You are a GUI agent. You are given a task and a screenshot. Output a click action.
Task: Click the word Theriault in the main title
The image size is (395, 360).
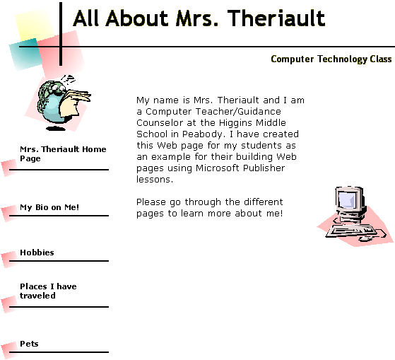276,18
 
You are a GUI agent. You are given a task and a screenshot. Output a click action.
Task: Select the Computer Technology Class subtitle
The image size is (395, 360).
331,59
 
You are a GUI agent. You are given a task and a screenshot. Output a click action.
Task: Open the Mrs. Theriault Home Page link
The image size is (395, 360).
63,153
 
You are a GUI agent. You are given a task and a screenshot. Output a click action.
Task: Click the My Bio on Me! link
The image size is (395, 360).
49,207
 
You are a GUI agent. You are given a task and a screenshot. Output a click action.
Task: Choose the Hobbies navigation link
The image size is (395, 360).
37,252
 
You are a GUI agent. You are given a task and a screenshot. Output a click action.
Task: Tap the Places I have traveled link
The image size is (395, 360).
48,291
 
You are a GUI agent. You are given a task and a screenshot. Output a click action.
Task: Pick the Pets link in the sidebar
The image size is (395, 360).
29,344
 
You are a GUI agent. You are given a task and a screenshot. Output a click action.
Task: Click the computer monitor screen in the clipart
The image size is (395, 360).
348,199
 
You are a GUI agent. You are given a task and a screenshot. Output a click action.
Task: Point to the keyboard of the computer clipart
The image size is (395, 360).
350,231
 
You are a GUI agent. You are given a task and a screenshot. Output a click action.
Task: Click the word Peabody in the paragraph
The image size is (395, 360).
203,134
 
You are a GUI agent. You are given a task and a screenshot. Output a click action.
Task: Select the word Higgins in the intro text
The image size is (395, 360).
235,123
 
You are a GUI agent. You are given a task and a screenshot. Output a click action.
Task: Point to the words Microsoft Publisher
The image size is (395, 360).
240,168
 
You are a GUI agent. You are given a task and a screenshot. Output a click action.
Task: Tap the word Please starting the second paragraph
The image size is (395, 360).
151,202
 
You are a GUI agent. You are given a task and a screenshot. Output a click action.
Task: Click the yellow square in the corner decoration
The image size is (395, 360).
34,25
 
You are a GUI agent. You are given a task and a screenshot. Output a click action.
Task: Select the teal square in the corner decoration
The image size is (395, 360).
25,54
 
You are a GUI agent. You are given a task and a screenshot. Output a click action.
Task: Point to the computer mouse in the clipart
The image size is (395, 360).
365,238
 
